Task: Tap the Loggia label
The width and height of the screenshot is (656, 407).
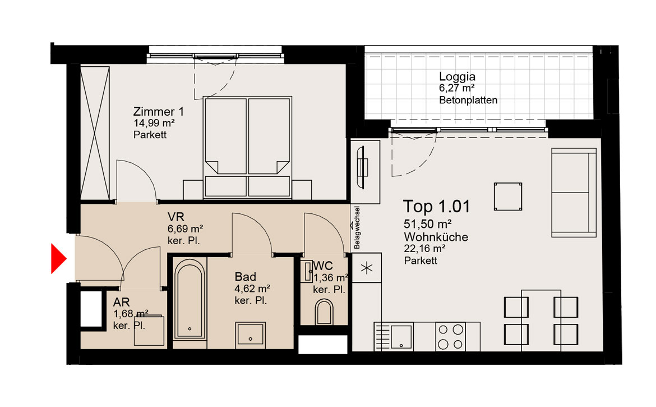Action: [x=457, y=76]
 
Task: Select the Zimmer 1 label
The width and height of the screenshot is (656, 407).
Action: [x=158, y=112]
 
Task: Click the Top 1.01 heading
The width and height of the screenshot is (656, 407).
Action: [x=436, y=207]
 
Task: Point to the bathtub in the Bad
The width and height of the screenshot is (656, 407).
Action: [x=190, y=299]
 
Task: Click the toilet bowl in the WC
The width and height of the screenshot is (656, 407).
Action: [x=324, y=312]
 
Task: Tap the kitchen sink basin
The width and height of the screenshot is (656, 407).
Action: [x=401, y=336]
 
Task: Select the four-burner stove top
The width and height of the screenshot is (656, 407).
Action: [x=450, y=336]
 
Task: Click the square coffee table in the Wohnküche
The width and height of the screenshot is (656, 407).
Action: [x=507, y=196]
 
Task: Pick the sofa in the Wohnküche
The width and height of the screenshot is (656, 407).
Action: [x=574, y=192]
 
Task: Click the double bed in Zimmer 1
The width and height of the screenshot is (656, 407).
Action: [x=247, y=148]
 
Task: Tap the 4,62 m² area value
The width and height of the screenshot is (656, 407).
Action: [x=252, y=289]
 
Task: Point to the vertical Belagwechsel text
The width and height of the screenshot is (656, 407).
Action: [x=357, y=227]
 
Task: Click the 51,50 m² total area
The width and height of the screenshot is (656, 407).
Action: [x=427, y=224]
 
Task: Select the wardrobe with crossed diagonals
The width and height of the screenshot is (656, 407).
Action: [x=95, y=133]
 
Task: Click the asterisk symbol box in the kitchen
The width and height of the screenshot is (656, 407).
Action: [x=367, y=268]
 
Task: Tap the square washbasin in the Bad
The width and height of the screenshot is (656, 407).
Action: [x=250, y=335]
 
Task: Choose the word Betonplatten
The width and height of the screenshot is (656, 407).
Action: [x=468, y=100]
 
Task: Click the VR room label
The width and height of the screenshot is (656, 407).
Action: [x=175, y=217]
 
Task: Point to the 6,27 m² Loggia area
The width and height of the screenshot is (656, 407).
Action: [x=456, y=88]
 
